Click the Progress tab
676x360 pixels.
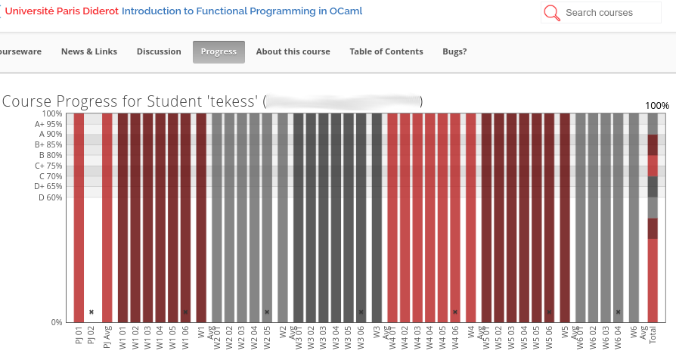[x=219, y=51]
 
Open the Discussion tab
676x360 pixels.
[x=159, y=51]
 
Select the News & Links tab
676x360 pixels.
[x=89, y=51]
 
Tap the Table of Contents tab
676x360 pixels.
[x=386, y=51]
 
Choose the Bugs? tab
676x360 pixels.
[x=454, y=51]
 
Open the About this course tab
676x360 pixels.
[x=293, y=51]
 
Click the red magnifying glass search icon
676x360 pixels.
[x=553, y=13]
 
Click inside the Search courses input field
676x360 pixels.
[x=609, y=13]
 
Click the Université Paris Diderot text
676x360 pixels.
[x=61, y=12]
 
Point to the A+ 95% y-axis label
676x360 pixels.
[x=48, y=124]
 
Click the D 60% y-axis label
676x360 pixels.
[x=50, y=197]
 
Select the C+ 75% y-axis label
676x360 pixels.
[x=48, y=166]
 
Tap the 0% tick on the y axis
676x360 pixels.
[x=57, y=322]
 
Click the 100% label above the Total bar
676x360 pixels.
[x=656, y=105]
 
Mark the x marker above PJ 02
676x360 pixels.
[x=91, y=312]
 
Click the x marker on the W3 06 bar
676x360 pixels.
[x=361, y=312]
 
